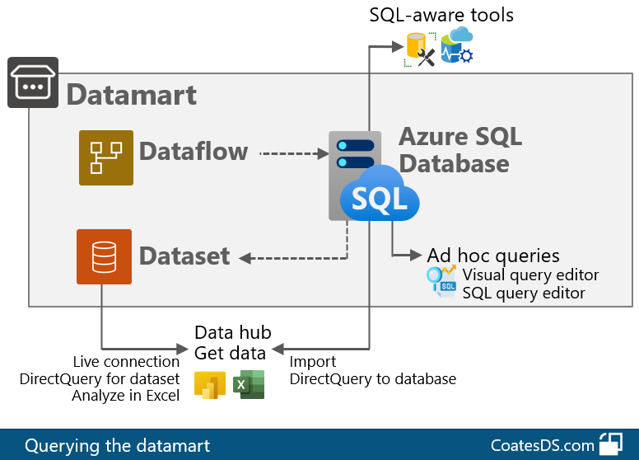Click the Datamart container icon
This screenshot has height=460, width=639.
coord(33,82)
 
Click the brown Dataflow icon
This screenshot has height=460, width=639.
coord(106,157)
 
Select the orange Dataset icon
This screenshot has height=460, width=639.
coord(104,256)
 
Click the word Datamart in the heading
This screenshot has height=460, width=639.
coord(131,94)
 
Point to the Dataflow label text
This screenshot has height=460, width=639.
coord(194,152)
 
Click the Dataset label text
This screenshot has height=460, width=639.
coord(184,256)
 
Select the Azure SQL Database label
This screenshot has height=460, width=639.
coord(459,149)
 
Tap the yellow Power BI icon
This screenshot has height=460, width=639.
coord(210,385)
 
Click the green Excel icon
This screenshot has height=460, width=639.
coord(248,385)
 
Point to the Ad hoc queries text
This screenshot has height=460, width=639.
coord(493,256)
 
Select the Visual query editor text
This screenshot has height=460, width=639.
coord(530,275)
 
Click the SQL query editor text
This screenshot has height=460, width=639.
coord(524,293)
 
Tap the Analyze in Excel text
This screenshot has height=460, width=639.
coord(126,396)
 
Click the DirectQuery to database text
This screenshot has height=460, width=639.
coord(372,379)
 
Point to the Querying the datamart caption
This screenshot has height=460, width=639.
coord(117,446)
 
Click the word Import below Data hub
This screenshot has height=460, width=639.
coord(313,362)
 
